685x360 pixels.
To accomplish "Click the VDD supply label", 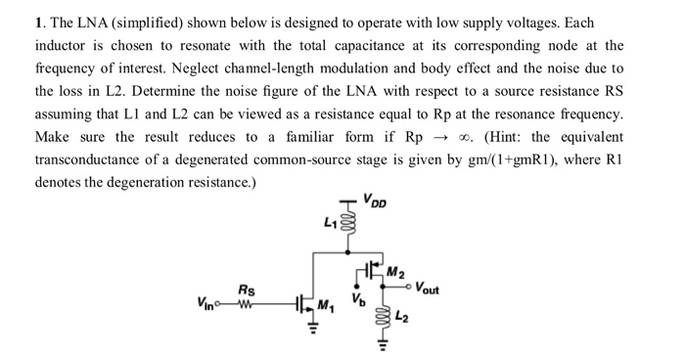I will click(375, 202).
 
